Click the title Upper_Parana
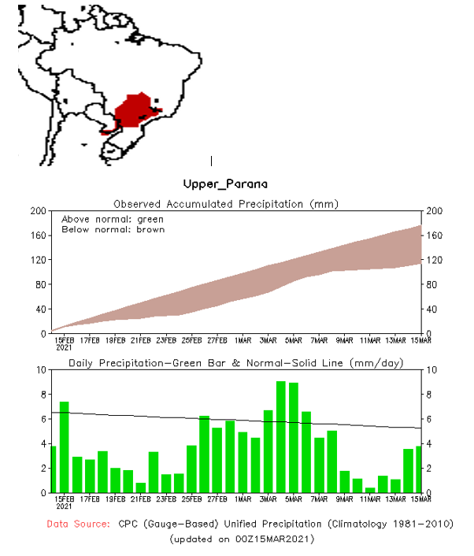225,183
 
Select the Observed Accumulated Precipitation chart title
226,204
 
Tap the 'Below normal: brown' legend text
113,229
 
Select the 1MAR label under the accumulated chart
243,340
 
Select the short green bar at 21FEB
140,487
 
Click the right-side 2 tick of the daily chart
430,468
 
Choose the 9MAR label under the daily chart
344,499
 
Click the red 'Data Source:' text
79,524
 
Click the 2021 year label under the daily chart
64,506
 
